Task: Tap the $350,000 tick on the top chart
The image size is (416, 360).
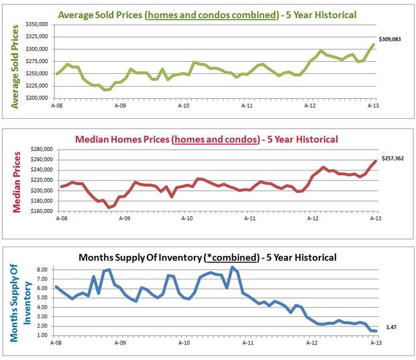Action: pos(37,24)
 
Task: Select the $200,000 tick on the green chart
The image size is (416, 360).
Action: pos(37,98)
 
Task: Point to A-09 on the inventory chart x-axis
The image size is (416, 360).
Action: pos(119,342)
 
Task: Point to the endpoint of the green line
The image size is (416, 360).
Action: pos(374,45)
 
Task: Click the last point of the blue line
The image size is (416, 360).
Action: pos(374,330)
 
